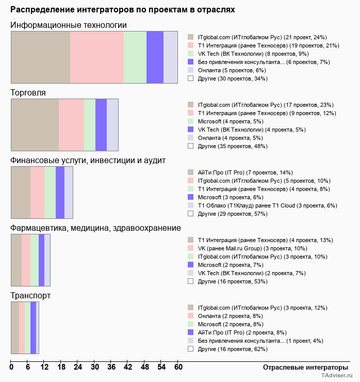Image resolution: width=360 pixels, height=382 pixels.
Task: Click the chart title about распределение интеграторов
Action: point(123,10)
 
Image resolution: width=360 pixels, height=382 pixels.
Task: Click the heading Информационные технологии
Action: point(69,25)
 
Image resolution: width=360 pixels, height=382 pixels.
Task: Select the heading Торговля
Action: point(28,93)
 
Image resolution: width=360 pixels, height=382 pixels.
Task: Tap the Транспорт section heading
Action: point(30,296)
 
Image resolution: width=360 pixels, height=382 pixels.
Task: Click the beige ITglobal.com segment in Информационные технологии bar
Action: point(41,57)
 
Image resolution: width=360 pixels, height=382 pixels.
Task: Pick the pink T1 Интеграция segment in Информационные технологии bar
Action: point(97,57)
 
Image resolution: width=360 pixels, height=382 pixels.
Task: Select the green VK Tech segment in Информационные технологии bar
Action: point(135,57)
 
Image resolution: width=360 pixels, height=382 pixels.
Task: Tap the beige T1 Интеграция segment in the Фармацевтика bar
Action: point(17,260)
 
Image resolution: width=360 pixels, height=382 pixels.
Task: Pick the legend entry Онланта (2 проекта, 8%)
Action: point(230,316)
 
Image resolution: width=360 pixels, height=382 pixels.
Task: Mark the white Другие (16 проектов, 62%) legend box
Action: point(190,349)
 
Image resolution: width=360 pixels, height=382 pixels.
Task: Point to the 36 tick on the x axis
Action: point(111,367)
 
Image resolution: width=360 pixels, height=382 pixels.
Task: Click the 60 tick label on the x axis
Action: point(178,367)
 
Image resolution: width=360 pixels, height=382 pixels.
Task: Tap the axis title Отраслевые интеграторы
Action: point(302,367)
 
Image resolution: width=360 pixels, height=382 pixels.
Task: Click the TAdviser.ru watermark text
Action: point(337,376)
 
